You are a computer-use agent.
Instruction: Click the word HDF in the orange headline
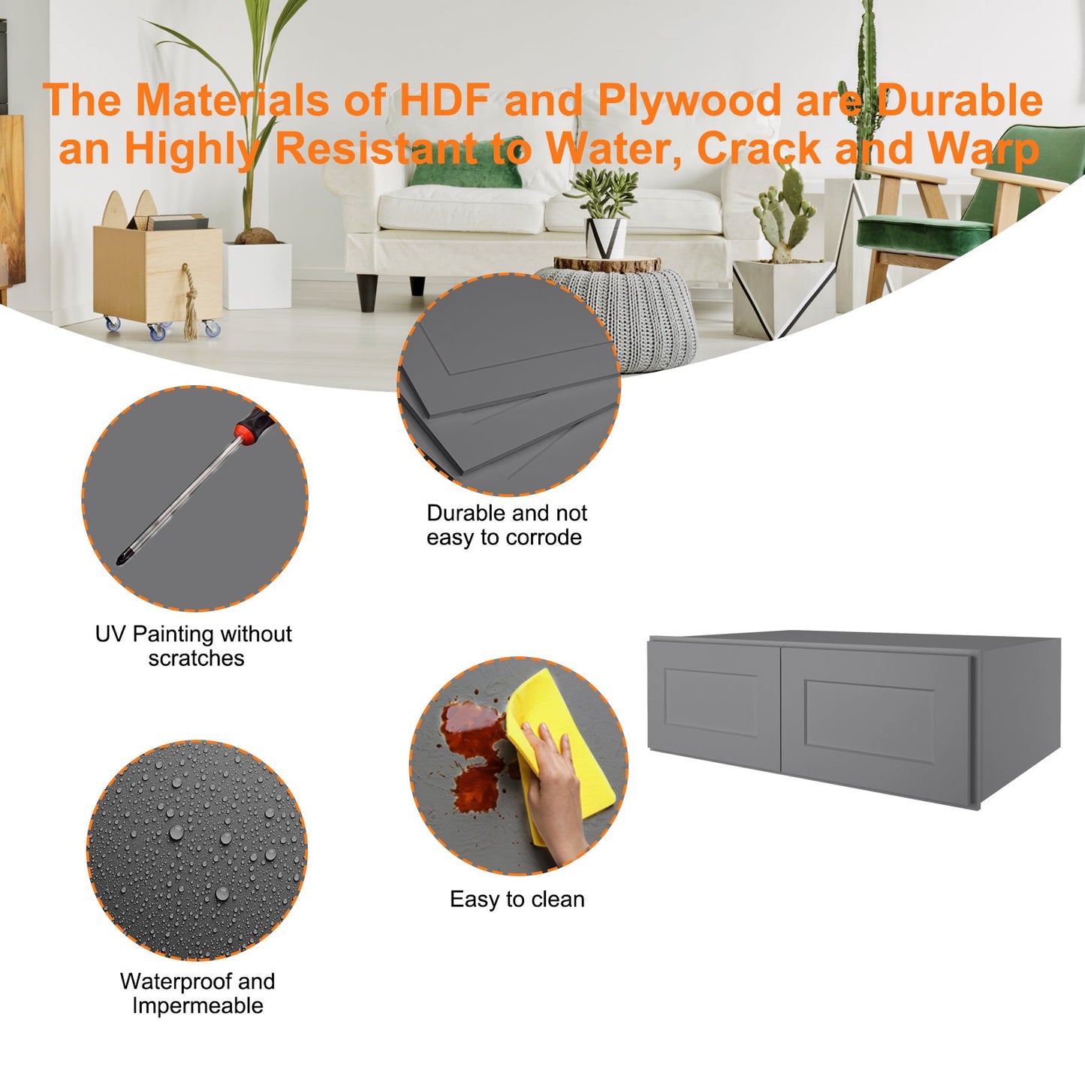click(445, 100)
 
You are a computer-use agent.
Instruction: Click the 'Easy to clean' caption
click(517, 900)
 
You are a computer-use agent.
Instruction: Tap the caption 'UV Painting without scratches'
click(194, 646)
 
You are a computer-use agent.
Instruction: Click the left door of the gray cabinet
click(714, 705)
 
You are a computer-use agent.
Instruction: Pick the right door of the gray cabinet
click(875, 725)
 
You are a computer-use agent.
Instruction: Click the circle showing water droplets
click(197, 851)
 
